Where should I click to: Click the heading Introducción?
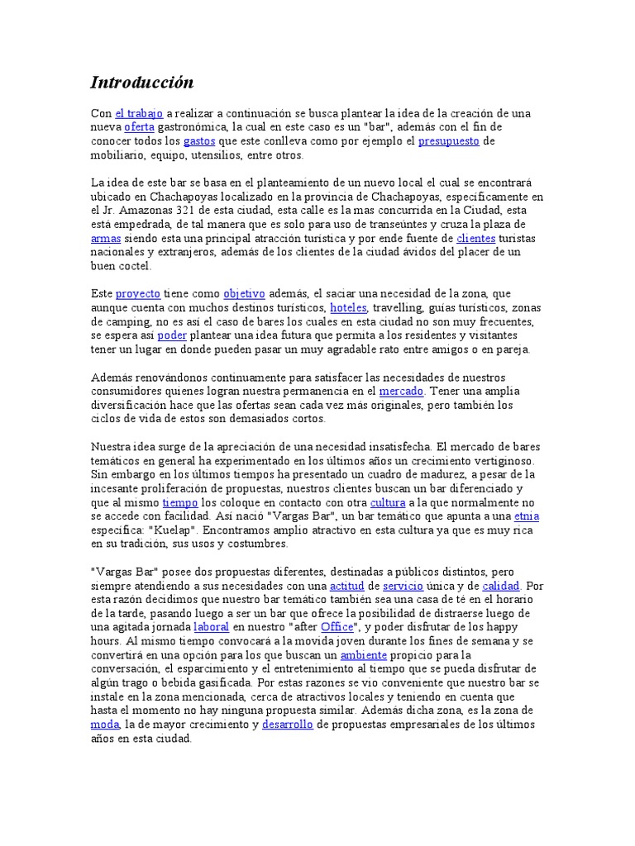pyautogui.click(x=141, y=83)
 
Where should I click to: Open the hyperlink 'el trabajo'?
pyautogui.click(x=139, y=113)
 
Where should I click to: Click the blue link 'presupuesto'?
pyautogui.click(x=448, y=141)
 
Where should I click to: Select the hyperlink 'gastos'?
pyautogui.click(x=199, y=141)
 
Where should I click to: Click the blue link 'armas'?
pyautogui.click(x=105, y=238)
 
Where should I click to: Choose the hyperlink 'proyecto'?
pyautogui.click(x=137, y=293)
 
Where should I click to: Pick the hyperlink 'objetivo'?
pyautogui.click(x=244, y=293)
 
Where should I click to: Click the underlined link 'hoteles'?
pyautogui.click(x=348, y=307)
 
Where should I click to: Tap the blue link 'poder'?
pyautogui.click(x=172, y=335)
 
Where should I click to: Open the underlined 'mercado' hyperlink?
pyautogui.click(x=401, y=391)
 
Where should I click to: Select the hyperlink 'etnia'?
pyautogui.click(x=527, y=516)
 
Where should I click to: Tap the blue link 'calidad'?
pyautogui.click(x=501, y=586)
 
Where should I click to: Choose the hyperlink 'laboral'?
pyautogui.click(x=211, y=628)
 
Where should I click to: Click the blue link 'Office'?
pyautogui.click(x=337, y=628)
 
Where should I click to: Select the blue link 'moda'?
pyautogui.click(x=105, y=725)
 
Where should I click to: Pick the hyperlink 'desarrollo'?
pyautogui.click(x=288, y=725)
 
